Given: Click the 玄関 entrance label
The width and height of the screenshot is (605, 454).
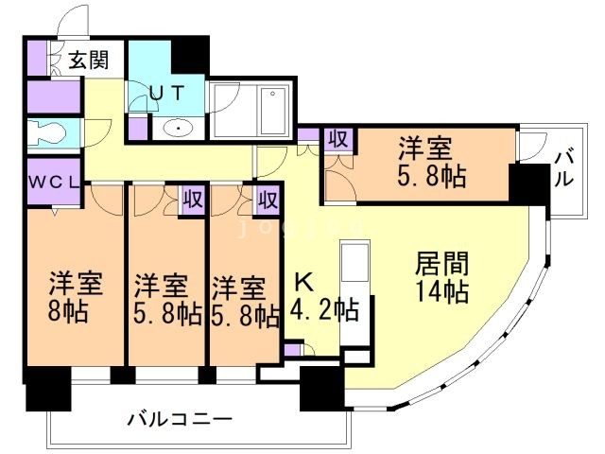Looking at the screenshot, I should point(88,62).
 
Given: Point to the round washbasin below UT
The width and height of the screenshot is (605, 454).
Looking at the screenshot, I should point(176,128).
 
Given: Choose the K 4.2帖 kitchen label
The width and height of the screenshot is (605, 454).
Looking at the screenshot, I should point(323,296).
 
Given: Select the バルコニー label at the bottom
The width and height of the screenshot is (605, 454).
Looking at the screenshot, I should point(181,418).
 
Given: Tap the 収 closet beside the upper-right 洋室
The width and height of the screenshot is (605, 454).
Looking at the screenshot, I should point(337,139).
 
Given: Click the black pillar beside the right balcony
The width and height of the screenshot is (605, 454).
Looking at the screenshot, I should point(527,183).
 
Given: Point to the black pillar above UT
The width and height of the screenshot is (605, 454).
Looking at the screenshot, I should point(192,53).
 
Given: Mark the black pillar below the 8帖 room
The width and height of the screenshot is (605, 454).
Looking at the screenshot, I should point(47,388).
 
